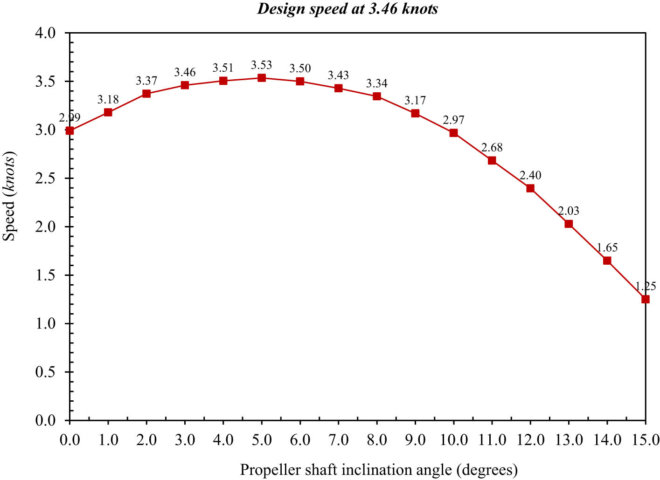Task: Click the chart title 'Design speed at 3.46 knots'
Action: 347,9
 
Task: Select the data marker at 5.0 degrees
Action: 262,78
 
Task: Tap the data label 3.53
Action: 262,65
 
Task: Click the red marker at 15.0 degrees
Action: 646,299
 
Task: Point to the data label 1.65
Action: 607,248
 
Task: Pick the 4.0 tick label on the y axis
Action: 45,33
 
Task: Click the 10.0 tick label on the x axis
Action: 453,440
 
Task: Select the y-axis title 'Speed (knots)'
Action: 9,197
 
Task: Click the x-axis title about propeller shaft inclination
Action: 379,470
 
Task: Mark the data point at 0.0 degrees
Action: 70,130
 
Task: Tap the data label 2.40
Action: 530,176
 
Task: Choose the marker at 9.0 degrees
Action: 415,113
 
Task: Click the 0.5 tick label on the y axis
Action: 45,372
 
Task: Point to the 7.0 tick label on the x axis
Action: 339,440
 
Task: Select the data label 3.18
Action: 108,100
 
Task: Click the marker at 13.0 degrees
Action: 569,224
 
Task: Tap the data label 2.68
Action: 492,148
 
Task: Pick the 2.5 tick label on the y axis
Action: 45,178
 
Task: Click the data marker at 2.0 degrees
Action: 146,94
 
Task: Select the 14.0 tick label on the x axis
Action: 607,440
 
